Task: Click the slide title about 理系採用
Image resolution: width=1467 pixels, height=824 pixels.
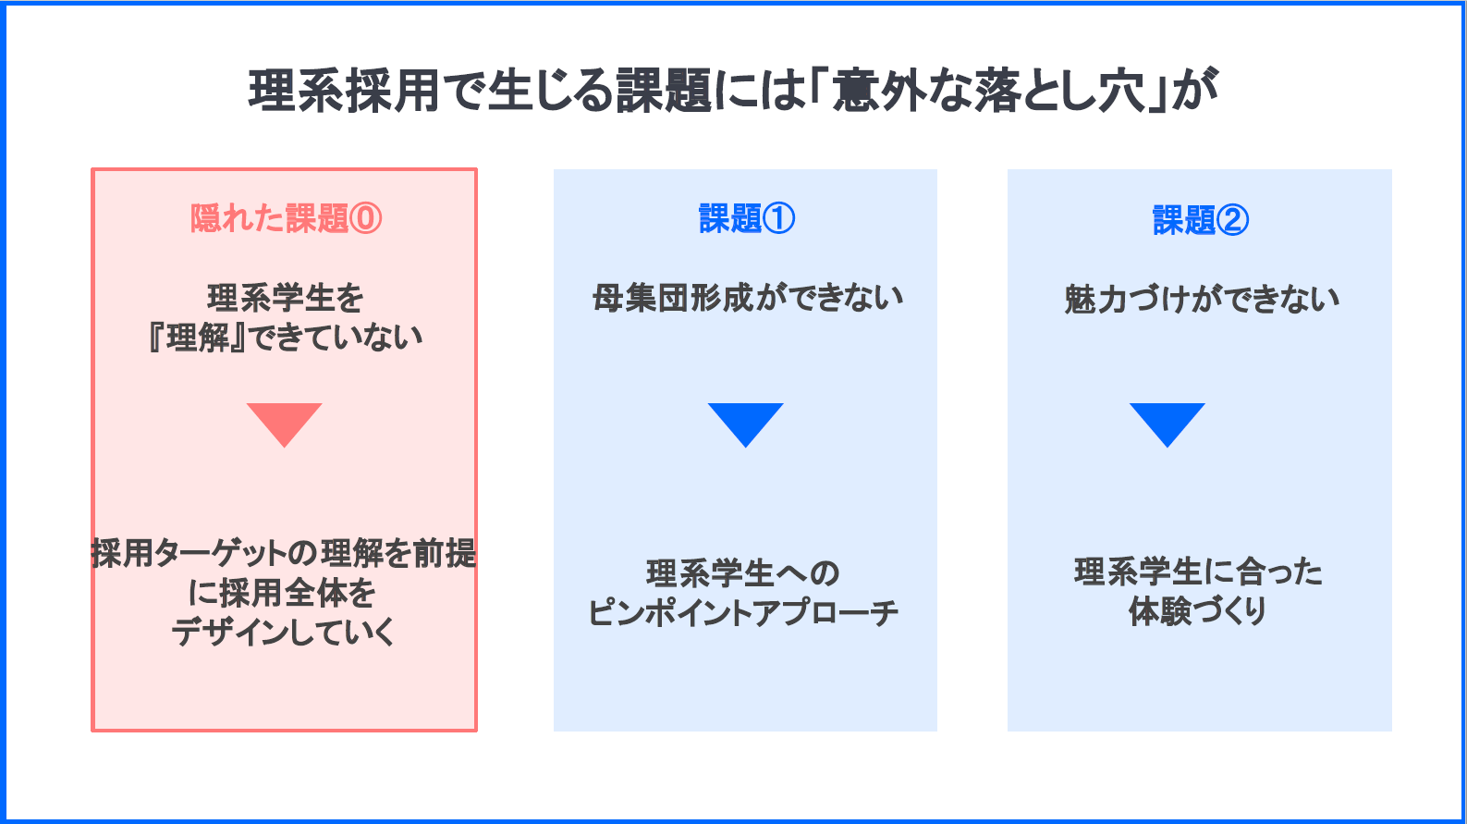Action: coord(733,91)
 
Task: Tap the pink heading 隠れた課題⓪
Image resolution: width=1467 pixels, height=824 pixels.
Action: coord(286,218)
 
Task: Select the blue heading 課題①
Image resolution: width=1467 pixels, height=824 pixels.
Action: coord(747,218)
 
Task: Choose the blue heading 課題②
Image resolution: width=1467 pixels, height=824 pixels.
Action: coord(1201,219)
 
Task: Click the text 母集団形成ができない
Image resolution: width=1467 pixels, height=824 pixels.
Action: coord(747,298)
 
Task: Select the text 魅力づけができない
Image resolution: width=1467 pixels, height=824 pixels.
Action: coord(1201,300)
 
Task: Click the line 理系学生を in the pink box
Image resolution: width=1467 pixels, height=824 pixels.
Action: coord(285,298)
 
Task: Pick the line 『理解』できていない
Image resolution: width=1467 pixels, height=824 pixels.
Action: coord(285,338)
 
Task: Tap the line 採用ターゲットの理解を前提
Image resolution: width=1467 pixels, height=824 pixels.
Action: coord(284,553)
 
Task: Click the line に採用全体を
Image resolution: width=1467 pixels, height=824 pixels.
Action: coord(282,593)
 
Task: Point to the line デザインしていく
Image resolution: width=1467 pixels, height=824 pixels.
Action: coord(284,632)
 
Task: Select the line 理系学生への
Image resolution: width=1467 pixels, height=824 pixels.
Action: coord(742,573)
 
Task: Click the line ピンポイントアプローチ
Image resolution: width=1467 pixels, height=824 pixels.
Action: coord(742,612)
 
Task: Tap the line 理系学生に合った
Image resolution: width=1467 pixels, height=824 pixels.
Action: coord(1198,572)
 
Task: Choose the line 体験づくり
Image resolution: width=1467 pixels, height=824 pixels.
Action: coord(1198,611)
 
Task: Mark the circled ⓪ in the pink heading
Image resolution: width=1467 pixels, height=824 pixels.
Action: coord(366,219)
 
